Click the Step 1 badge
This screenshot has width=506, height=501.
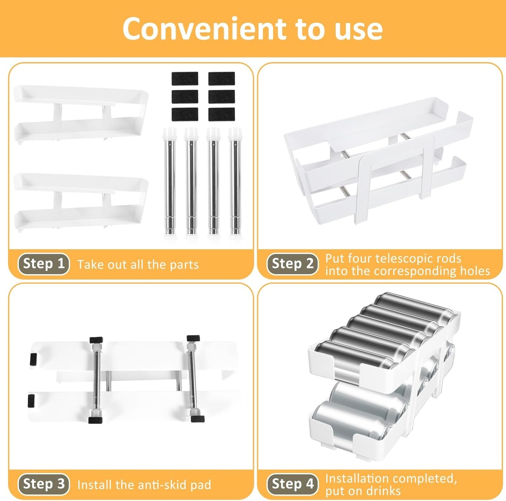(x=43, y=264)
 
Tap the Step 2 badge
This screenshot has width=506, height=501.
(x=293, y=264)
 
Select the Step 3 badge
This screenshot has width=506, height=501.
(x=43, y=484)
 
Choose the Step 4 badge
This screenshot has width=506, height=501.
(x=293, y=484)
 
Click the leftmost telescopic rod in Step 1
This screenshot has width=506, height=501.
(x=170, y=181)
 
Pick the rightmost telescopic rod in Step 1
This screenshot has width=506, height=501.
(x=235, y=181)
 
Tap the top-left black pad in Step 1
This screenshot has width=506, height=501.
(x=185, y=79)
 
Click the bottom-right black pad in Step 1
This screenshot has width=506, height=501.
(x=221, y=114)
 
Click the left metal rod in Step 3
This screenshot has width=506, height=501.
(x=96, y=379)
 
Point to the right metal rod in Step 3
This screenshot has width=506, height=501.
(x=193, y=379)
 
